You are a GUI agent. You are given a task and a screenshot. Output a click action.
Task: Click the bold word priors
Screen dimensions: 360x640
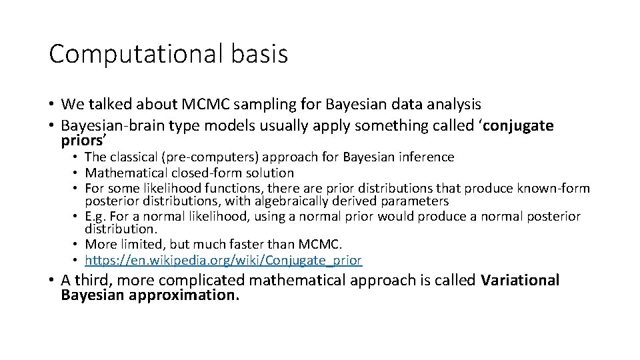click(82, 141)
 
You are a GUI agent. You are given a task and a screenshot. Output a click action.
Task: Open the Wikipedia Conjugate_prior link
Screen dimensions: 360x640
click(223, 260)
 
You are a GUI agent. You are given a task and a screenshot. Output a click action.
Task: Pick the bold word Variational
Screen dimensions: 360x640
click(519, 281)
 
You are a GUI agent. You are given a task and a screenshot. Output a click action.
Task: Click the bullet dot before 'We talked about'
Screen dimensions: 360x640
click(52, 105)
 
